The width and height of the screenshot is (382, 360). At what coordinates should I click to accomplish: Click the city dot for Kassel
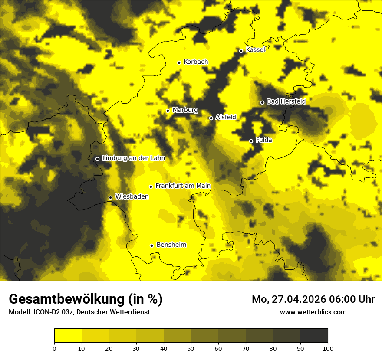(x=241, y=51)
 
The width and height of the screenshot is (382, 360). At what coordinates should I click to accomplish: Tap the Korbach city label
(x=196, y=62)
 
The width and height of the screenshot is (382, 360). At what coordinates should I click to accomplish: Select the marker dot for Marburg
(x=168, y=111)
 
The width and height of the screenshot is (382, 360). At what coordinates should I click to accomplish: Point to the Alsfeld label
(x=226, y=117)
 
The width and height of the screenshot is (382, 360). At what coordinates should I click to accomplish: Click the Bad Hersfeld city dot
(x=262, y=102)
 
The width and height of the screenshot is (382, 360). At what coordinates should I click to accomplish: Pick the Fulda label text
(x=264, y=140)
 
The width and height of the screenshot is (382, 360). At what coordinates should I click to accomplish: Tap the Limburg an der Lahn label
(x=133, y=158)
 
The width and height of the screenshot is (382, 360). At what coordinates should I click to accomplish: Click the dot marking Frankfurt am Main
(x=151, y=187)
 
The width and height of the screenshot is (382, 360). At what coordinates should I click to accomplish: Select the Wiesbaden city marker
(x=110, y=197)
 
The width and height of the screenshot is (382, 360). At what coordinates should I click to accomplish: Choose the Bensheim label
(x=171, y=245)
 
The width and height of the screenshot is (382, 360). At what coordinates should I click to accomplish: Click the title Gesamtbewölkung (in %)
(x=86, y=299)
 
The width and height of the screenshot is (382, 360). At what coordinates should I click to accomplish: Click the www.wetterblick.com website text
(x=313, y=312)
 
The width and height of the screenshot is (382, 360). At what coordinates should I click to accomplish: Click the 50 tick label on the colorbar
(x=191, y=348)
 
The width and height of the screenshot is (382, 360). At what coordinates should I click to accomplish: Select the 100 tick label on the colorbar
(x=328, y=348)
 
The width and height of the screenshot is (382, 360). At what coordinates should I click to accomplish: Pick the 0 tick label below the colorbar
(x=54, y=348)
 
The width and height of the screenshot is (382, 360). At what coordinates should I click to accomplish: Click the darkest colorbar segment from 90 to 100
(x=314, y=336)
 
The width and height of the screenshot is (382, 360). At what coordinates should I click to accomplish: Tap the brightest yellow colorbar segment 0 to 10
(x=68, y=336)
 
